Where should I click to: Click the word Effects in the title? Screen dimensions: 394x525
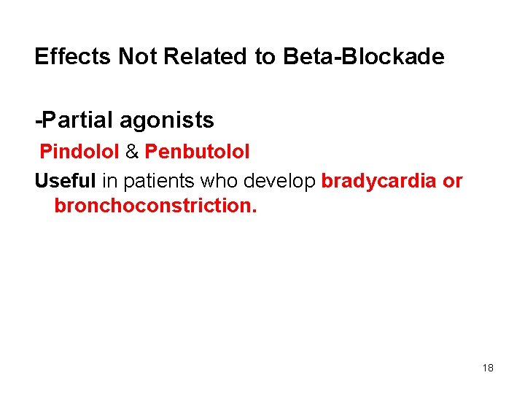73,57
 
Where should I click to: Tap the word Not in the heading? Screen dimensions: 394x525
136,57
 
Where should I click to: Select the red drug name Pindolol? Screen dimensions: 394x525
79,152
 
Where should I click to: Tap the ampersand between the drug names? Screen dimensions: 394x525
132,152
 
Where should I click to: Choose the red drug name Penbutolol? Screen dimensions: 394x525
197,152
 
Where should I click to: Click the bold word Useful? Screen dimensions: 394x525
65,181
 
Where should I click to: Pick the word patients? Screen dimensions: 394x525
155,181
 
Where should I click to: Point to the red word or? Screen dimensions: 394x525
453,181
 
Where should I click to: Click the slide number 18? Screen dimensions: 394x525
488,368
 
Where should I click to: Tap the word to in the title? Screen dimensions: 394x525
265,57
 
